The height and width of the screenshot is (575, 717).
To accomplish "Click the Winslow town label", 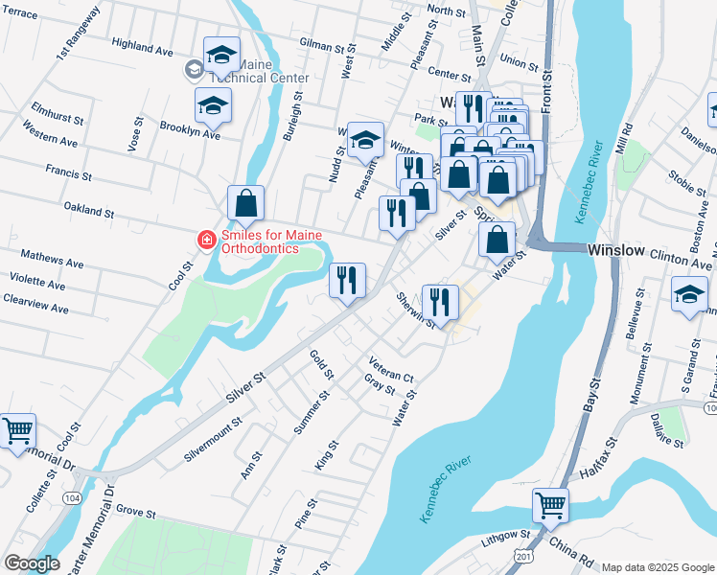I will (x=614, y=249).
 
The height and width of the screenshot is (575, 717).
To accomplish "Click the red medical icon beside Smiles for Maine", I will (x=205, y=240).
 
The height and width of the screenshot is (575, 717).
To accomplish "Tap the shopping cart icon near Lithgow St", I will (x=550, y=504).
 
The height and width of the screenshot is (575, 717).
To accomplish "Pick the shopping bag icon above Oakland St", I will (x=246, y=202).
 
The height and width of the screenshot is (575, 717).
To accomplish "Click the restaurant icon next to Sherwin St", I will (x=439, y=302).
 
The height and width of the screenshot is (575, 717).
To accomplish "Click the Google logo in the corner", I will (x=32, y=563).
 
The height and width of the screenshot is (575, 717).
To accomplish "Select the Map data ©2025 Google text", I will (x=657, y=567).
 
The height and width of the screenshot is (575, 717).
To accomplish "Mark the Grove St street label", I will (x=137, y=514).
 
